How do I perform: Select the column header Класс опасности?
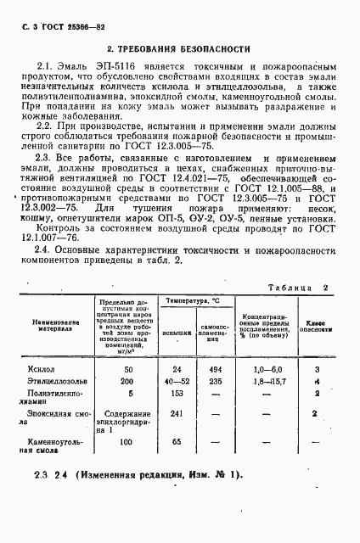[315, 327]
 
